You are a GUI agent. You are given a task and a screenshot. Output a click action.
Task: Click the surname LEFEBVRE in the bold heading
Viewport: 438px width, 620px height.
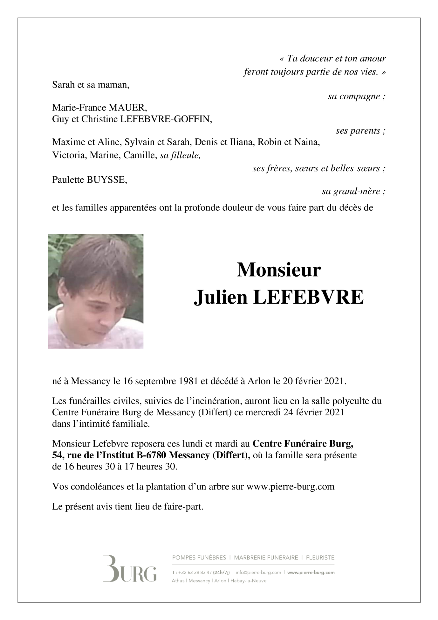point(308,297)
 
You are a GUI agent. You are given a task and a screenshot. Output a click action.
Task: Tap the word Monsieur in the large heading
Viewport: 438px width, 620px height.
point(278,270)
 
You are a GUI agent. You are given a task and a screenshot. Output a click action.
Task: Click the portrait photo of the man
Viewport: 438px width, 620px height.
point(95,291)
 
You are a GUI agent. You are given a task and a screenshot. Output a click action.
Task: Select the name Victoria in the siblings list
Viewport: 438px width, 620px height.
point(69,156)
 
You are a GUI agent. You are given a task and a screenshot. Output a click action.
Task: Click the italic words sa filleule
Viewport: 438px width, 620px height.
point(180,156)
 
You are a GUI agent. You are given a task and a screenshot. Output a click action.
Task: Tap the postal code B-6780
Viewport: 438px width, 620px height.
point(151,455)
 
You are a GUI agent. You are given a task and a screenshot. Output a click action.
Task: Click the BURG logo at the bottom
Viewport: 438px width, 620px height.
point(130,573)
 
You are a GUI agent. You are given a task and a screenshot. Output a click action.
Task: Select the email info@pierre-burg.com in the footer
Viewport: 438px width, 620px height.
point(258,572)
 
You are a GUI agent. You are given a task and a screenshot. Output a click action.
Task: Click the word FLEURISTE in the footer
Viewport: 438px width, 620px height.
point(320,558)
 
